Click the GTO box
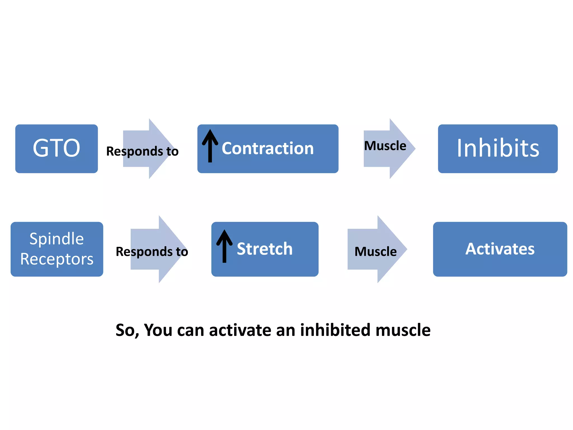pos(57,148)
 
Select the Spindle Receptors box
pos(57,249)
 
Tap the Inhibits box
pos(497,148)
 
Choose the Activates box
pos(500,249)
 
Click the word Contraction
pos(267,148)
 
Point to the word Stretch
pos(264,249)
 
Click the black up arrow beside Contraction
pos(210,146)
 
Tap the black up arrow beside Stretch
pos(224,246)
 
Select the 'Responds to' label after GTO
pos(142,151)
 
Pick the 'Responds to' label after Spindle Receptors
pos(152,251)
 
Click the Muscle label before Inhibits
pos(385,146)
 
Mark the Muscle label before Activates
pos(375,251)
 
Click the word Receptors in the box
pos(57,259)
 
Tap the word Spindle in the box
pos(57,239)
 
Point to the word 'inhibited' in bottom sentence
pos(335,330)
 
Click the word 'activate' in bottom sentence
pos(240,330)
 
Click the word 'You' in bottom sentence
pos(158,330)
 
